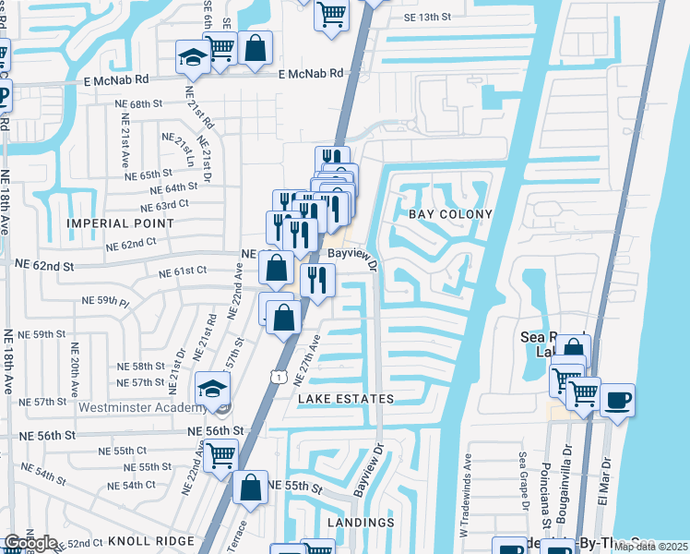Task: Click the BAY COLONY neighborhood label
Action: (x=450, y=214)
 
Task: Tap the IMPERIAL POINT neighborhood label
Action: (x=120, y=223)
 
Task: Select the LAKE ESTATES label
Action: (x=346, y=399)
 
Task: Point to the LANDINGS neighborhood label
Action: (x=362, y=523)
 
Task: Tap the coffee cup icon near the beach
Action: (x=617, y=399)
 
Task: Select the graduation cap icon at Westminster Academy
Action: (x=211, y=388)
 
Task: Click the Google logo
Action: (x=30, y=543)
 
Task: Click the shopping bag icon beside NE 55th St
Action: (x=250, y=487)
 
